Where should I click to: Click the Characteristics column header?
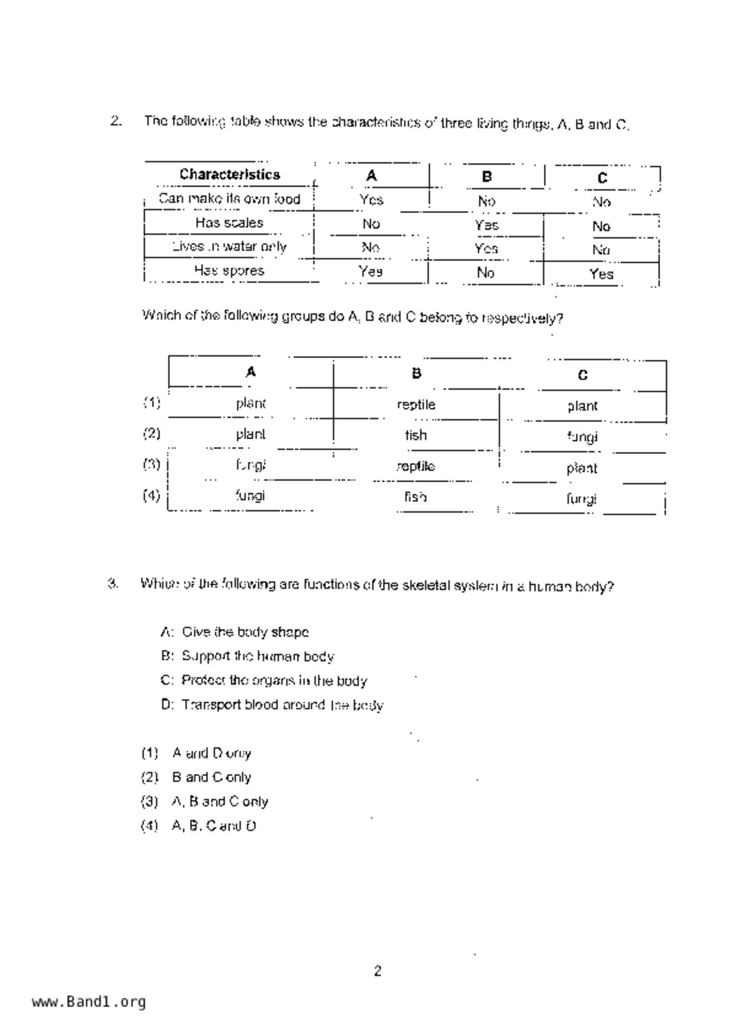pyautogui.click(x=230, y=175)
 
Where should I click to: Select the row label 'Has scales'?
pyautogui.click(x=229, y=223)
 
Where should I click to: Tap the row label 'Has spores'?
pyautogui.click(x=229, y=271)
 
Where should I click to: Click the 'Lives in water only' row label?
pyautogui.click(x=229, y=247)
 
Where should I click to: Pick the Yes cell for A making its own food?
pyautogui.click(x=371, y=200)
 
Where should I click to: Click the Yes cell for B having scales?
pyautogui.click(x=486, y=225)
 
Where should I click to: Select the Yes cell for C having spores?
pyautogui.click(x=601, y=274)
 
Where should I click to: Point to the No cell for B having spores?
pyautogui.click(x=486, y=273)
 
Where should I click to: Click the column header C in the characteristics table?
pyautogui.click(x=602, y=178)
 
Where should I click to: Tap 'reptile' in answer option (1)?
pyautogui.click(x=416, y=405)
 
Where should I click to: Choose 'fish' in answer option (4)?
pyautogui.click(x=415, y=497)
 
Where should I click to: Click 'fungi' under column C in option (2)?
pyautogui.click(x=582, y=437)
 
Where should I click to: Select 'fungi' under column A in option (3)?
pyautogui.click(x=250, y=465)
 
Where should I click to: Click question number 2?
pyautogui.click(x=116, y=122)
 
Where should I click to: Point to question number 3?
pyautogui.click(x=113, y=584)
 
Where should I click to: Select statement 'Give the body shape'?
pyautogui.click(x=245, y=632)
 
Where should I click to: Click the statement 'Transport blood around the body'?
pyautogui.click(x=282, y=705)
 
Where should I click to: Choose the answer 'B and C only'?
pyautogui.click(x=211, y=777)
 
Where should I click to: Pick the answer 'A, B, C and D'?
pyautogui.click(x=214, y=826)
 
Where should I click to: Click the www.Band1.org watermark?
pyautogui.click(x=88, y=1002)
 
